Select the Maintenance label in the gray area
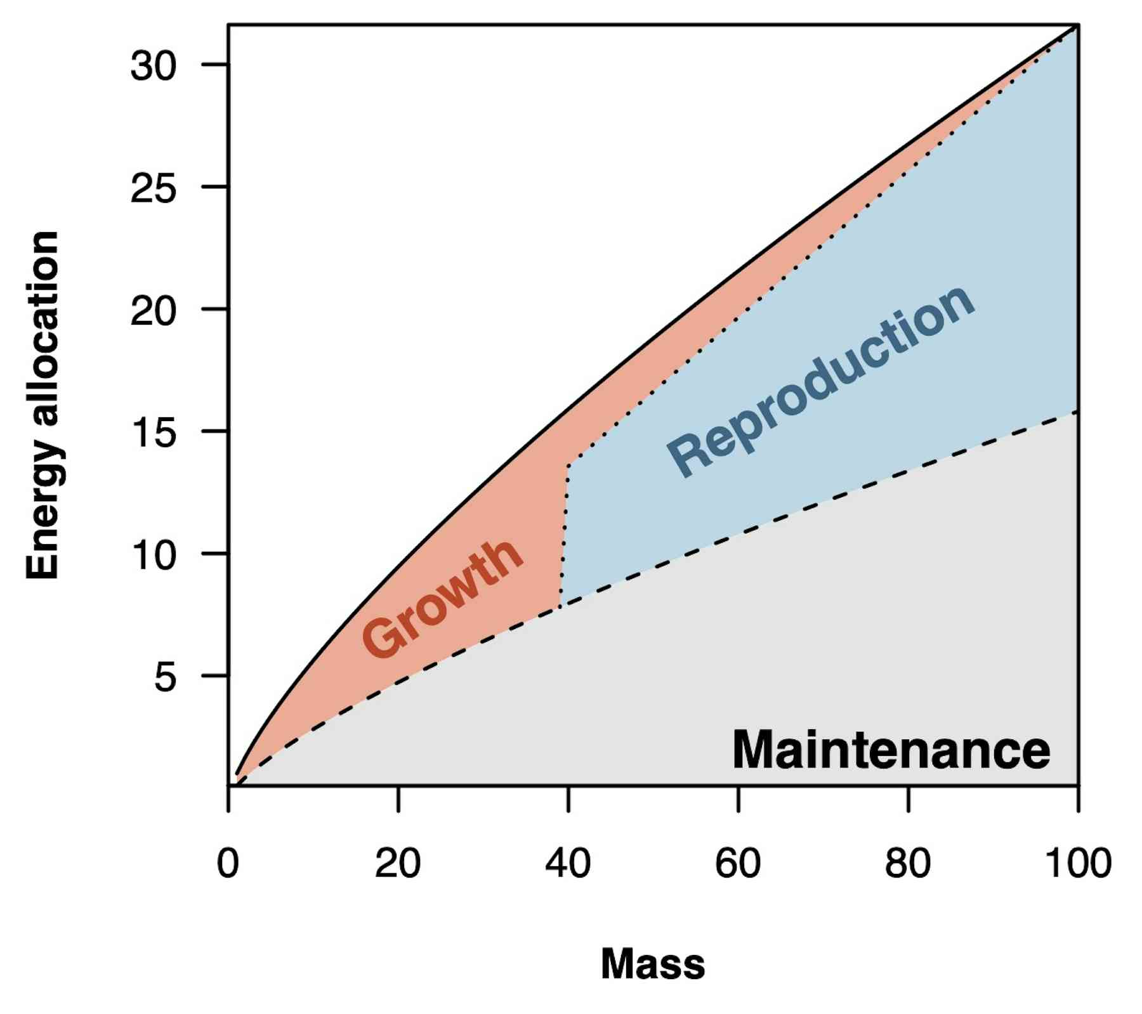tap(891, 750)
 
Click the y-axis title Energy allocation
tap(43, 405)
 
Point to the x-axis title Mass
tap(653, 964)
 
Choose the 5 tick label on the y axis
tap(164, 677)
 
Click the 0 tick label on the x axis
tap(228, 863)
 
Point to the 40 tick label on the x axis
tap(568, 863)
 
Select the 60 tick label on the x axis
tap(738, 863)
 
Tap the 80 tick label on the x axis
tap(908, 863)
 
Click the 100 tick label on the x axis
tap(1078, 863)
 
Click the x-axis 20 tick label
tap(398, 863)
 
